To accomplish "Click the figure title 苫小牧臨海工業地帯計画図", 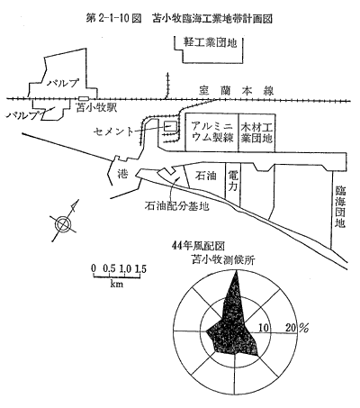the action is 212,19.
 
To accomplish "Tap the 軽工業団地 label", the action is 210,43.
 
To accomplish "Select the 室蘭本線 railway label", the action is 237,91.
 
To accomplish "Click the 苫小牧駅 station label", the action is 96,107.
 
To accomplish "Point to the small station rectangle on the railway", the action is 84,98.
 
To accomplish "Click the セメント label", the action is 112,131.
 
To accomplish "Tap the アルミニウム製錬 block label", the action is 212,132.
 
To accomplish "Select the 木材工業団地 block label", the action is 256,132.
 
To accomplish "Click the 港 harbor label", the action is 122,174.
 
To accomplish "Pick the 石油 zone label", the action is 206,176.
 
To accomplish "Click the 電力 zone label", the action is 233,180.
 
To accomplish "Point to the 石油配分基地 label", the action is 176,206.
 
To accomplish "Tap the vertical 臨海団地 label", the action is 340,207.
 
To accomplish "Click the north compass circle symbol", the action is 63,223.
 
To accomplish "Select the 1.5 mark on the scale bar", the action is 140,268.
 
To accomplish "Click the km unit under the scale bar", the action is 117,283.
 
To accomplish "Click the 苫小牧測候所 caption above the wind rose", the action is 223,259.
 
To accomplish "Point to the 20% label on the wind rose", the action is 297,328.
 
